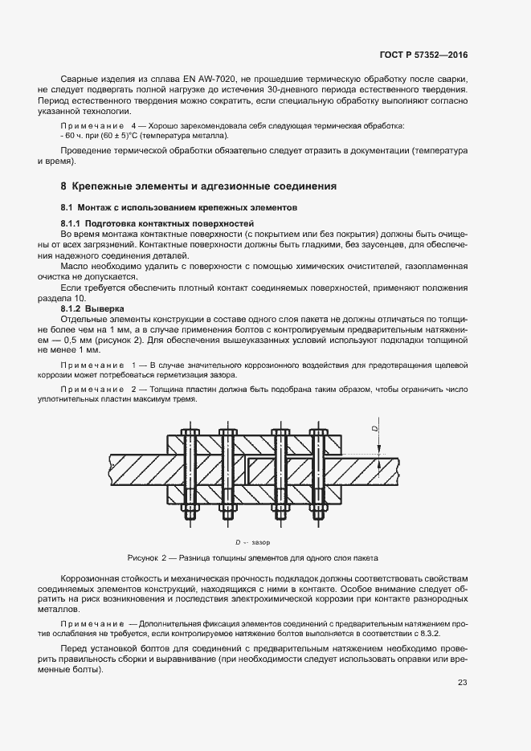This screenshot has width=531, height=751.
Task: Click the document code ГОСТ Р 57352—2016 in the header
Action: (x=423, y=55)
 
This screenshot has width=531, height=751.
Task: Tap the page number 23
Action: (x=462, y=683)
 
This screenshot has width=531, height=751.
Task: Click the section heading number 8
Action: (x=63, y=186)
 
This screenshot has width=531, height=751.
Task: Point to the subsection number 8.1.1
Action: (x=74, y=221)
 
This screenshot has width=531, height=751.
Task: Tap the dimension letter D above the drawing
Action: (x=375, y=430)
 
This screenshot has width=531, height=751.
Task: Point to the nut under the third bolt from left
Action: (x=282, y=509)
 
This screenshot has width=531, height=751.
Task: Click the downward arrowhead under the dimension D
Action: (x=379, y=453)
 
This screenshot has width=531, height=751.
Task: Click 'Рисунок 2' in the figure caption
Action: (x=147, y=557)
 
